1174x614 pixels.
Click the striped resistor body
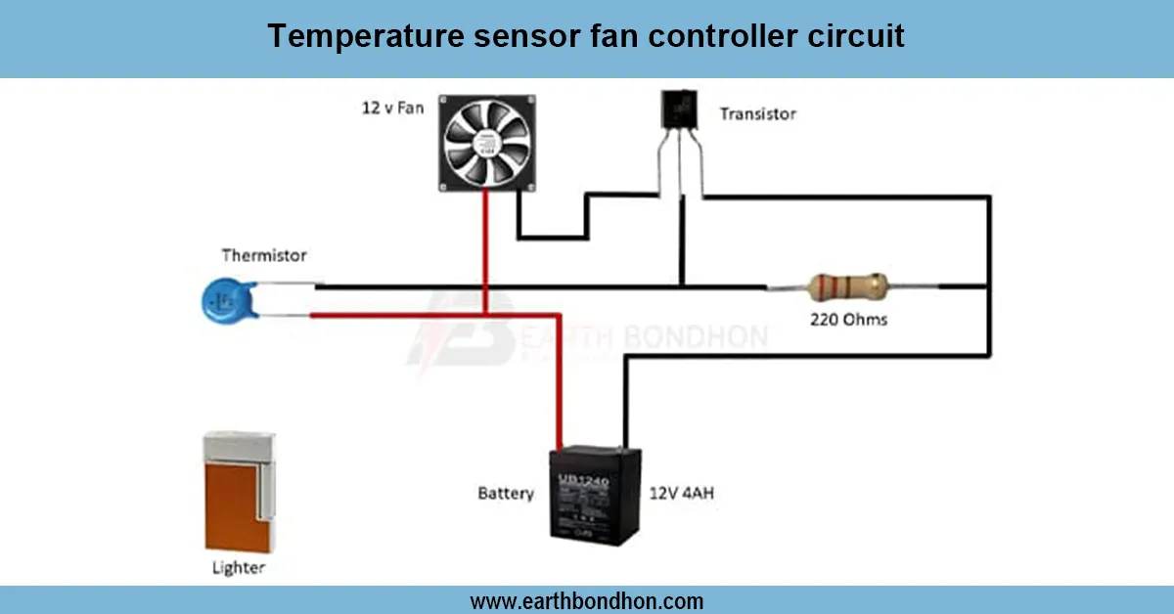[x=848, y=287]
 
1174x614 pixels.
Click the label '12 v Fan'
[x=393, y=107]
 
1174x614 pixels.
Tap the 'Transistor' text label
[x=757, y=113]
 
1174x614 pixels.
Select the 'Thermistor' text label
[x=264, y=255]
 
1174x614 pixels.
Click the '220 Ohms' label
[x=848, y=319]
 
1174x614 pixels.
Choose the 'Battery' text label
[x=506, y=493]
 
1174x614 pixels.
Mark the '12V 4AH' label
[x=682, y=493]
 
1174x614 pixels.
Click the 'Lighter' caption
[x=239, y=567]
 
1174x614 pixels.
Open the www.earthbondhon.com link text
[x=587, y=600]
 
